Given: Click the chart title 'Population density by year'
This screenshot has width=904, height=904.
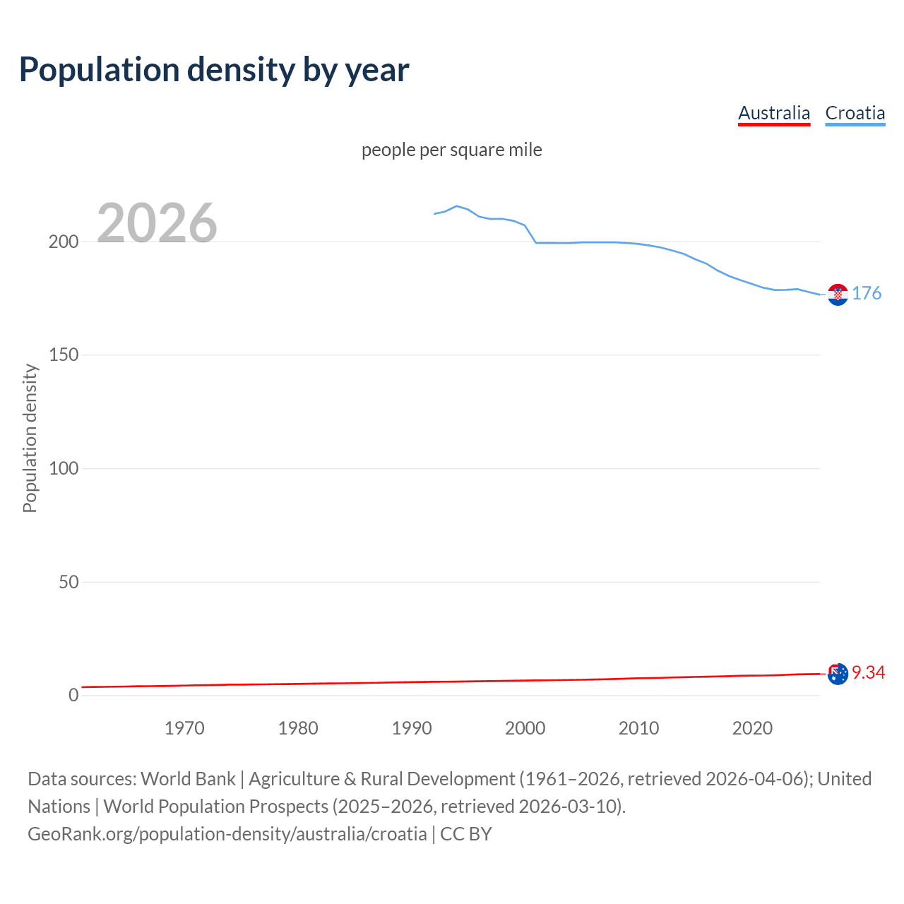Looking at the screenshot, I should pyautogui.click(x=214, y=70).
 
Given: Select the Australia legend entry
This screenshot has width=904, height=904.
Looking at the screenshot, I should pyautogui.click(x=774, y=113).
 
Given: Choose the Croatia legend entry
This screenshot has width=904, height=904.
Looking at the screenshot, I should pyautogui.click(x=855, y=113).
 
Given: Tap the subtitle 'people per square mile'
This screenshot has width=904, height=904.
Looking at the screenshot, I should pyautogui.click(x=451, y=150).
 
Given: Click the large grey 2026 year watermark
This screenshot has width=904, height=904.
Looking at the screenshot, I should pyautogui.click(x=157, y=223).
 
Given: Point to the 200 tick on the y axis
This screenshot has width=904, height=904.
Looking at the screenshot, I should pyautogui.click(x=64, y=242).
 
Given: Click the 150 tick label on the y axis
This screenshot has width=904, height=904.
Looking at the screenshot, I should pyautogui.click(x=64, y=355).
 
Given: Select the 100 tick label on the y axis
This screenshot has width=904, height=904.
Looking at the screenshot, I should pyautogui.click(x=64, y=468).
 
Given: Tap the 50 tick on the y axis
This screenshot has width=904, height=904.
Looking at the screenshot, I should pyautogui.click(x=68, y=582).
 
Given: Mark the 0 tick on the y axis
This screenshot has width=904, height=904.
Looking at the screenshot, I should pyautogui.click(x=73, y=696).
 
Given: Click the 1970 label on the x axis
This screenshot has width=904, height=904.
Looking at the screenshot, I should pyautogui.click(x=184, y=728).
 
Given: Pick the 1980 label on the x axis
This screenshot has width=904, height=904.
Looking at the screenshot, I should pyautogui.click(x=298, y=728).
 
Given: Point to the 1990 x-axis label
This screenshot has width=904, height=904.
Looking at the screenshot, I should pyautogui.click(x=412, y=728).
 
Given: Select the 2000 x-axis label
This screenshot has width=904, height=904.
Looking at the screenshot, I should pyautogui.click(x=525, y=728).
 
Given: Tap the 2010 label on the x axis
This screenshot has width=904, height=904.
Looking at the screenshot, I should pyautogui.click(x=638, y=728).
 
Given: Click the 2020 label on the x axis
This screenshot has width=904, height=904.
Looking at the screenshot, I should pyautogui.click(x=752, y=728).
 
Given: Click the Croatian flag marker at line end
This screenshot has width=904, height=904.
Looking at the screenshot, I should pyautogui.click(x=838, y=295).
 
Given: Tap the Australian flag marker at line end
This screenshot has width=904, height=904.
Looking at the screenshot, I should pyautogui.click(x=838, y=674).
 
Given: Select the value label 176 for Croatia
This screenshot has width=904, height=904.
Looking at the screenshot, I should pyautogui.click(x=867, y=294).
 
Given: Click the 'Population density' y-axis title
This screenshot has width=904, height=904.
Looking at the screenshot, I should pyautogui.click(x=30, y=438).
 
